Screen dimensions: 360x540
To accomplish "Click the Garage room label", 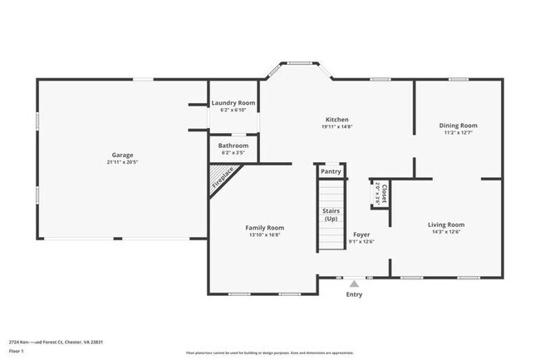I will click(x=123, y=155).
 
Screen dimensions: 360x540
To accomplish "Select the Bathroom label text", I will click(x=233, y=145).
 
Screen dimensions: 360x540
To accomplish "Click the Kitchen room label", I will click(x=336, y=119).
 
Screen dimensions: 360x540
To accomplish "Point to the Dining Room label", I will click(x=459, y=126).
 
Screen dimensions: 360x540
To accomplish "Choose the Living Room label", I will click(x=445, y=224).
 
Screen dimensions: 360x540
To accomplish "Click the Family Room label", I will click(x=264, y=228).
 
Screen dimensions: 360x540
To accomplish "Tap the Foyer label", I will click(x=361, y=234).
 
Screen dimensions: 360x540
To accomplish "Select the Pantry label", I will click(x=331, y=171).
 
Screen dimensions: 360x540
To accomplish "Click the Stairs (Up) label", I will click(x=331, y=215).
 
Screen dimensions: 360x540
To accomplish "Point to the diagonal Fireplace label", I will click(x=223, y=179).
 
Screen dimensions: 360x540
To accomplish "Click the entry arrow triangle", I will click(x=354, y=284).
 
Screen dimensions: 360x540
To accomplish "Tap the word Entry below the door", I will click(x=354, y=294).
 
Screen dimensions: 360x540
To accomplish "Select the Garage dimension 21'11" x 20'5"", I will click(x=123, y=162).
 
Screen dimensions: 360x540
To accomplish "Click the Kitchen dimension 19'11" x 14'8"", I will click(x=336, y=126).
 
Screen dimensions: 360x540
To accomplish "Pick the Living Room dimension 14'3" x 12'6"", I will click(x=445, y=232).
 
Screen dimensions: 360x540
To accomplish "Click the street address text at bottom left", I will click(x=56, y=342).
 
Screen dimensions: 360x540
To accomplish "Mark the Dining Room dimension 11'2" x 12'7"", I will click(x=459, y=133).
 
